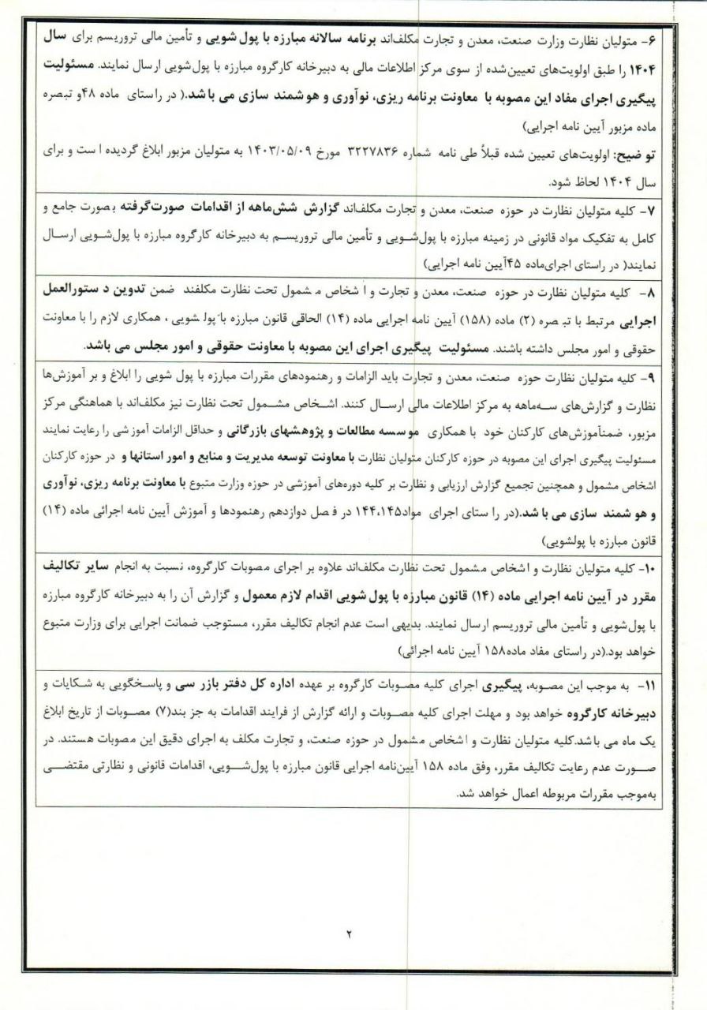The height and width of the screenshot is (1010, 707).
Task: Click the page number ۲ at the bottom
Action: tap(349, 933)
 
